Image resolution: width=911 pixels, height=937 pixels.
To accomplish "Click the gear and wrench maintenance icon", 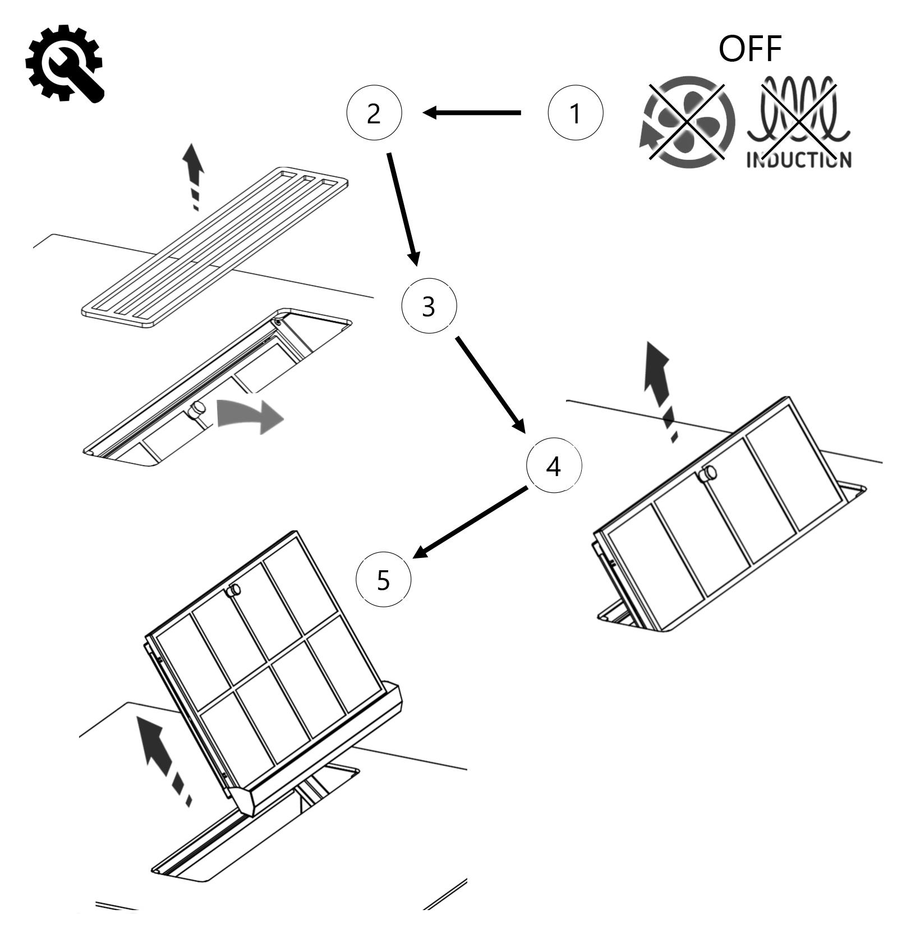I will point(64,63).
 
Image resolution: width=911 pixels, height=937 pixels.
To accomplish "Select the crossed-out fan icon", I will point(687,122).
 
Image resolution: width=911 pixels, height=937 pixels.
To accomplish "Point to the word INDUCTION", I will point(798,159).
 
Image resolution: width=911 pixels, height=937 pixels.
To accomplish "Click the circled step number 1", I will point(575,113).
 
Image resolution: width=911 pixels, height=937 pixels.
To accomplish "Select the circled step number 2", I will point(374,113).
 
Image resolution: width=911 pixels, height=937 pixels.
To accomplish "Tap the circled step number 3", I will point(429,306).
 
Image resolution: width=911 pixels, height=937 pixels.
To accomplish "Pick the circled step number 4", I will point(554,466).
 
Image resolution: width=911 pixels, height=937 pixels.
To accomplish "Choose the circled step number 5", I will point(384,579).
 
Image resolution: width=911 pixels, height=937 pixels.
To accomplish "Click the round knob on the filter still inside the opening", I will point(197,410).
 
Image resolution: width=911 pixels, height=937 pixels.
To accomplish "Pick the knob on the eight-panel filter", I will point(233,590).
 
